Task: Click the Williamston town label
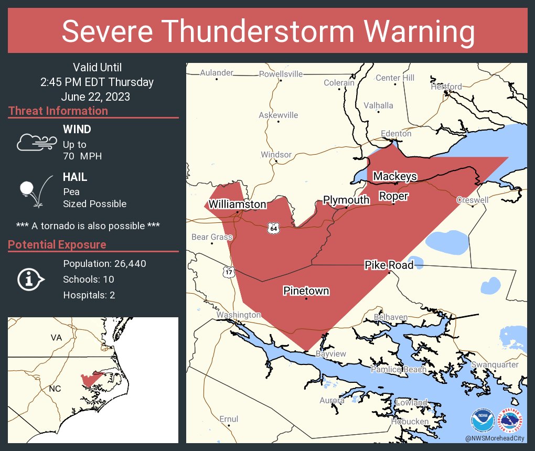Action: click(x=237, y=204)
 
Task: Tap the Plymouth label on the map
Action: click(x=346, y=200)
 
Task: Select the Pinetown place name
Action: click(x=306, y=291)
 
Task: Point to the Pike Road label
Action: click(x=389, y=265)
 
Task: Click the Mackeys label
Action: click(x=395, y=176)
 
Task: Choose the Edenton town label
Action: click(x=396, y=134)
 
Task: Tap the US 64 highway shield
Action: click(x=273, y=228)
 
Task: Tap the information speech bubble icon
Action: click(x=30, y=280)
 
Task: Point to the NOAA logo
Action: click(x=482, y=421)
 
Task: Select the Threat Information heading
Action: click(x=58, y=111)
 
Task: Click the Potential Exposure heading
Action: click(x=57, y=245)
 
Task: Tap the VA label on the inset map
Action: click(x=56, y=338)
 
